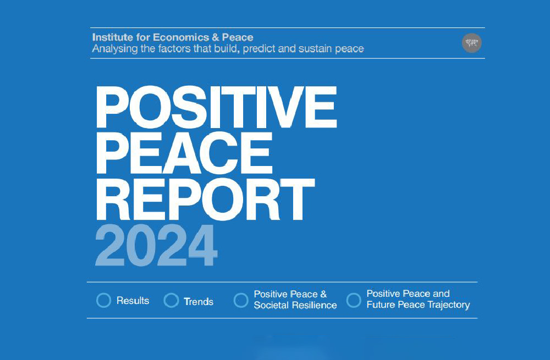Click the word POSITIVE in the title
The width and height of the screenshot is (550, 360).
[x=216, y=107]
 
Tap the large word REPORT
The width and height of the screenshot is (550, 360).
[x=205, y=199]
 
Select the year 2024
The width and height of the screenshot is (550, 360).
[x=156, y=245]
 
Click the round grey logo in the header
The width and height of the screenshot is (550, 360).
[x=471, y=43]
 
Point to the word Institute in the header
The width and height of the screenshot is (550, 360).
[x=113, y=37]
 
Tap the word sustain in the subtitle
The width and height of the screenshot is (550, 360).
[x=315, y=48]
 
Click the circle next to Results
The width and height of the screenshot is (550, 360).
[x=103, y=301]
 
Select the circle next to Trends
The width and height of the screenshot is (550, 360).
[x=171, y=301]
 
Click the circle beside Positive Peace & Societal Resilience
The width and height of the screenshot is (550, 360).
[x=241, y=301]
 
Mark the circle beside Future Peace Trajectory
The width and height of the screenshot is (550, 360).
[x=354, y=301]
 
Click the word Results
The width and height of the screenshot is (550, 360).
[x=133, y=301]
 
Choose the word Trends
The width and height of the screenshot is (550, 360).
[x=199, y=301]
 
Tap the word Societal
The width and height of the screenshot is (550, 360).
[x=272, y=306]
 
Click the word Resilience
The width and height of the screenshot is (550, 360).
[x=315, y=306]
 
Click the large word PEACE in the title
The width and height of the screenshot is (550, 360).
[x=184, y=153]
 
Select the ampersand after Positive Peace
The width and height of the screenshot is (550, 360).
[x=323, y=294]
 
